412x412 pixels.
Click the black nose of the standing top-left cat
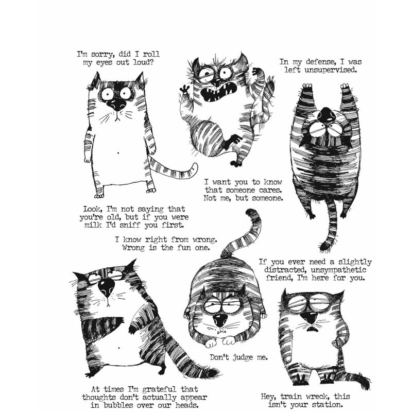point(118,105)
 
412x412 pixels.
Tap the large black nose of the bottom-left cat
point(106,285)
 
